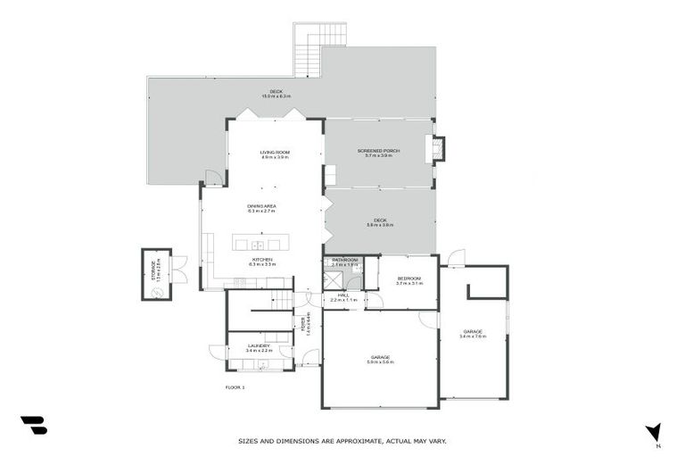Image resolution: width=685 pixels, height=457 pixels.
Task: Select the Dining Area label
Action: (x=262, y=208)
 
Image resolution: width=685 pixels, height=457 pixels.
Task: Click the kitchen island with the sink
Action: (x=257, y=244)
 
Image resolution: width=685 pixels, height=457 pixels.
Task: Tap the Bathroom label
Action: (x=344, y=262)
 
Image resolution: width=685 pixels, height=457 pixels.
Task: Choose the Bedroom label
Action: (x=409, y=280)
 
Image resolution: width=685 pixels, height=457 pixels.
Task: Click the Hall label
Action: (x=343, y=296)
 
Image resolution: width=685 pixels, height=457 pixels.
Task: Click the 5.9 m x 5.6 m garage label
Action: (x=380, y=359)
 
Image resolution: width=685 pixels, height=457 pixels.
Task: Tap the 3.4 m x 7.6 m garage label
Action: (x=472, y=334)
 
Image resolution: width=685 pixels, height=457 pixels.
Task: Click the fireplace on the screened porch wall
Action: (x=437, y=149)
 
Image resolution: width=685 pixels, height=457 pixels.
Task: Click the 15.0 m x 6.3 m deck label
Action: (x=276, y=94)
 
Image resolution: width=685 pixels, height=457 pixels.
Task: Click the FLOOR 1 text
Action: (x=235, y=386)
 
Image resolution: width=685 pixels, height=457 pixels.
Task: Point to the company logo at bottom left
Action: (x=34, y=425)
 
